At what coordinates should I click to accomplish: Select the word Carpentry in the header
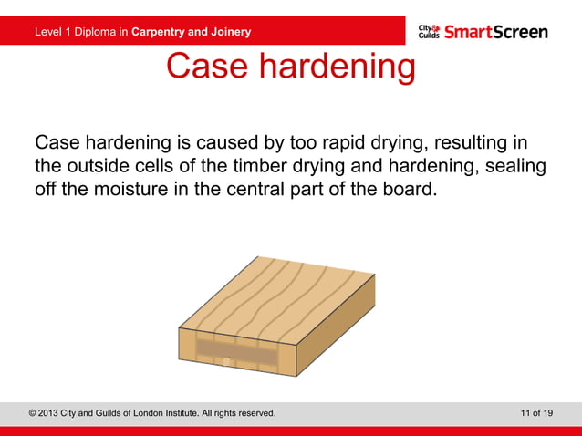click(x=160, y=33)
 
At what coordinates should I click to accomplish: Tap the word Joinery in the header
click(x=230, y=33)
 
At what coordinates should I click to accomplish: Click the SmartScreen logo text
click(x=495, y=32)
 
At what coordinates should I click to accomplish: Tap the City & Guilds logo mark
click(x=429, y=32)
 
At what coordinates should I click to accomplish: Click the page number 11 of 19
click(x=535, y=413)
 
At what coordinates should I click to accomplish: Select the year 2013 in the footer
click(x=55, y=413)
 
